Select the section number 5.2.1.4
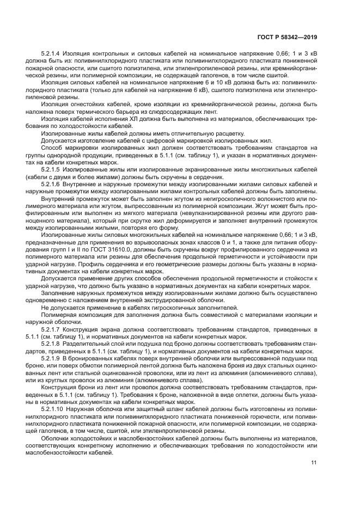tap(51, 53)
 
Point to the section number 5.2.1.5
tap(51, 177)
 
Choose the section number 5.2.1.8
tap(51, 344)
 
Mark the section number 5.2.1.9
tap(51, 358)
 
